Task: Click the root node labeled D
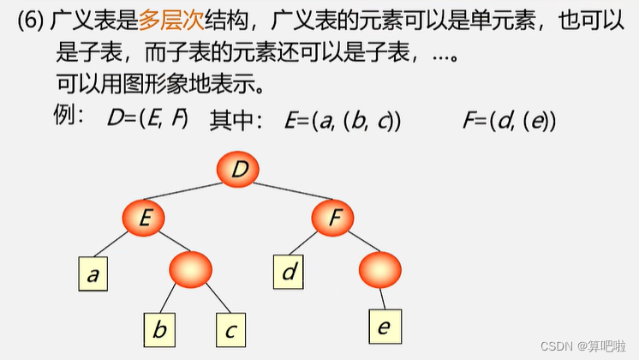click(240, 170)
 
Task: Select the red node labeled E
click(145, 219)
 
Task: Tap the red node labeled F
click(333, 219)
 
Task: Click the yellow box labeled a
click(92, 273)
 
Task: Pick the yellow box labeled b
click(158, 328)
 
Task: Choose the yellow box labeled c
click(230, 328)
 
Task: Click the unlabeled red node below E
click(190, 268)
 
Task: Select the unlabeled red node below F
click(380, 268)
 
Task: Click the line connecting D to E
click(192, 195)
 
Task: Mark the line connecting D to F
click(287, 195)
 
